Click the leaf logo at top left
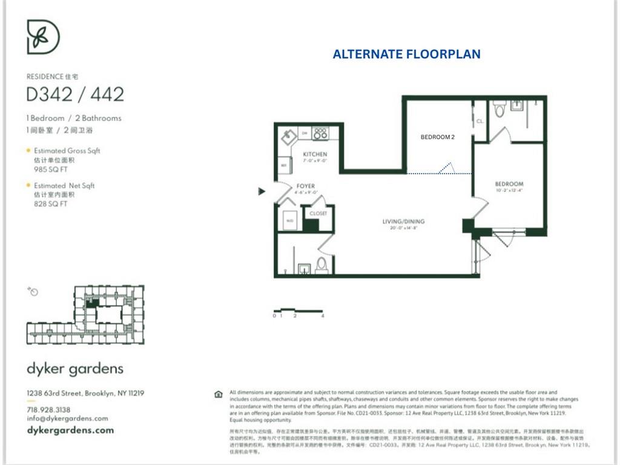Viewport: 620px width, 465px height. tap(43, 37)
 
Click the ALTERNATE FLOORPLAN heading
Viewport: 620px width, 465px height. tap(407, 54)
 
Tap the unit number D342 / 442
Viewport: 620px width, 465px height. tap(75, 94)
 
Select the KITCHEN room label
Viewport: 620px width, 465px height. tap(315, 154)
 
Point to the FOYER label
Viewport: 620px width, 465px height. tap(305, 186)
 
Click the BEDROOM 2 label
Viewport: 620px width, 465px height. tap(437, 137)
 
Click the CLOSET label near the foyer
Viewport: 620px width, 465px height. tap(318, 214)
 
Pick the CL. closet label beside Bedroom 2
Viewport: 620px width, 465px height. tap(480, 121)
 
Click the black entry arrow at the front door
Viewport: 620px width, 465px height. tap(262, 191)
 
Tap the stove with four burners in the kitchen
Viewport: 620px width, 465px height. tap(320, 133)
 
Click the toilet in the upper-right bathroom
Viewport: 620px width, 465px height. tap(500, 109)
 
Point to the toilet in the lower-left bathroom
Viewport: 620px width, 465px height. tap(322, 264)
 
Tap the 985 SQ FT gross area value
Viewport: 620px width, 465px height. tap(51, 170)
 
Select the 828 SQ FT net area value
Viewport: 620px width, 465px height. tap(51, 204)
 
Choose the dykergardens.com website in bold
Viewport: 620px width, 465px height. tap(70, 430)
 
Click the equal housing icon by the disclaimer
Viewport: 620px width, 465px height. tap(219, 394)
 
